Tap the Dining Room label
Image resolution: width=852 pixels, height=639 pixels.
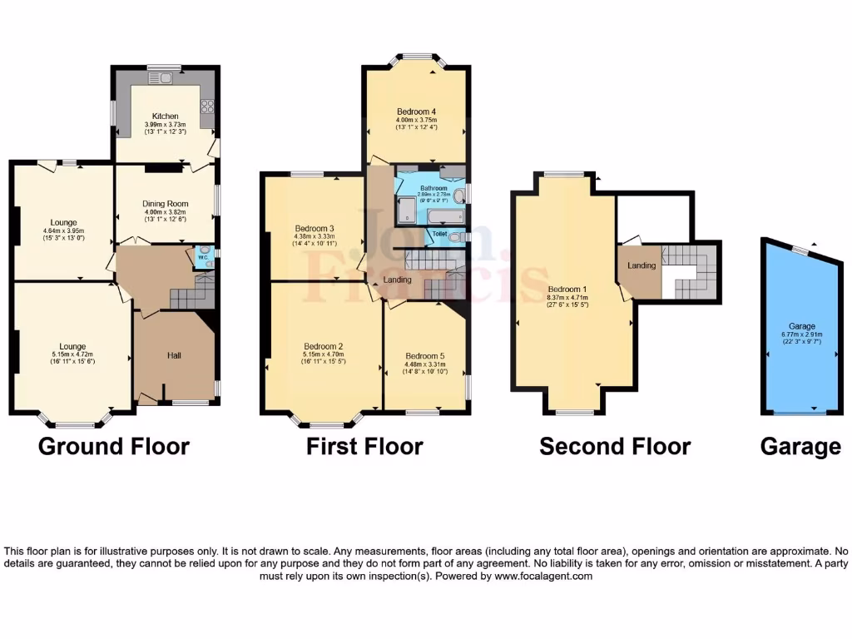coord(166,204)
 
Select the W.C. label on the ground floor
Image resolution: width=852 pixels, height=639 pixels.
coord(201,257)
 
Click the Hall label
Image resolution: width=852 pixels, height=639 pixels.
coord(175,355)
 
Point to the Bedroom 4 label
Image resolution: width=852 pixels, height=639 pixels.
coord(416,111)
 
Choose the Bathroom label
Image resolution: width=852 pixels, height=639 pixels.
coord(433,188)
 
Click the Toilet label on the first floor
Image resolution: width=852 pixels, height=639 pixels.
coord(438,234)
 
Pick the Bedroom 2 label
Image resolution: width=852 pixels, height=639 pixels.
coord(324,346)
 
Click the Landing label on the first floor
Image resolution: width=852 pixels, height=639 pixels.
coord(398,280)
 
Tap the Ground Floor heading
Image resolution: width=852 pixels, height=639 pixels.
coord(114,447)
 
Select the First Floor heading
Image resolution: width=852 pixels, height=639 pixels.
coord(364,447)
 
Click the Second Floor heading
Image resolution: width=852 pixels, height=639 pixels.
coord(615,447)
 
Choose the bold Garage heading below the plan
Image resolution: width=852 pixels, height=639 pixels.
coord(800,447)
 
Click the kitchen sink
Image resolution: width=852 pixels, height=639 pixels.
coord(160,79)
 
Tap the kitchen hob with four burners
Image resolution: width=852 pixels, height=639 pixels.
coord(206,106)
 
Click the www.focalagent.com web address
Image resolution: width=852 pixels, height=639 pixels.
coord(543,576)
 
